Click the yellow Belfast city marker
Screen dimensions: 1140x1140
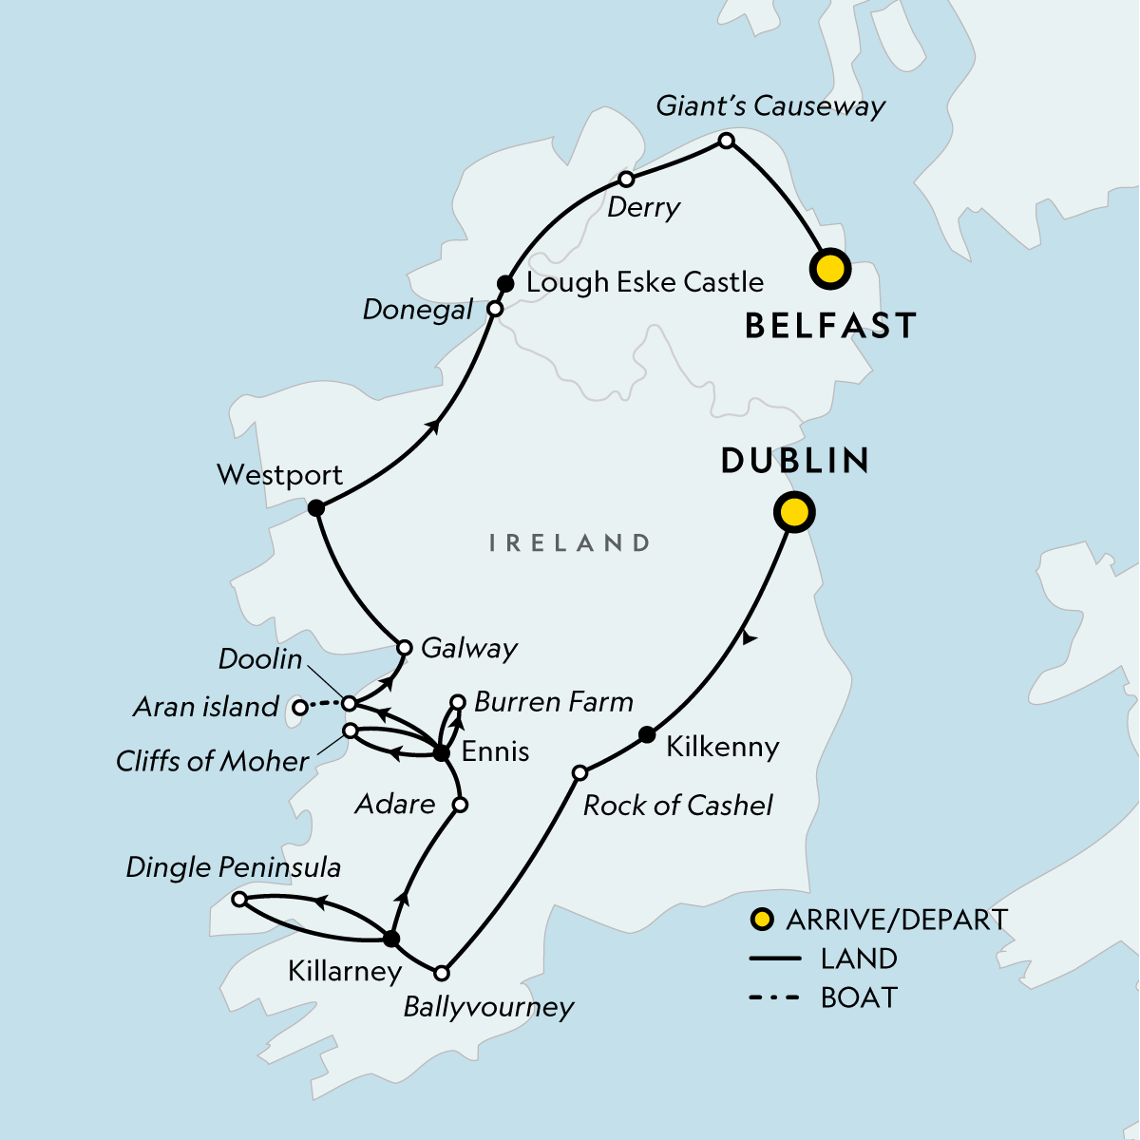pos(829,269)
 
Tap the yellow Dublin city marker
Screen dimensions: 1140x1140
pos(794,513)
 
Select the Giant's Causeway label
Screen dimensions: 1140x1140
pos(770,105)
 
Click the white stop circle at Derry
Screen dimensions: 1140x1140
pos(626,180)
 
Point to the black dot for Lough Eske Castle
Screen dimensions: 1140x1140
pos(506,283)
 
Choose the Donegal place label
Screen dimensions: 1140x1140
pos(418,310)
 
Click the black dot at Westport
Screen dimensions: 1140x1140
pos(316,508)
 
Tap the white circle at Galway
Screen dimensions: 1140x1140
pos(404,648)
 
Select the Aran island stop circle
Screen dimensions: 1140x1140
pos(299,707)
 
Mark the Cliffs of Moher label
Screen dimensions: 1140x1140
pos(212,761)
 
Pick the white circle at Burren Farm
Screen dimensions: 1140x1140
pos(457,702)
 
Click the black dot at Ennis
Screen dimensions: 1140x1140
pos(441,753)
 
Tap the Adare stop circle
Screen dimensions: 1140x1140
pos(460,805)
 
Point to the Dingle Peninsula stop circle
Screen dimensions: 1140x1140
pos(239,899)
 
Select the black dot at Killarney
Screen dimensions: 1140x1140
pos(390,939)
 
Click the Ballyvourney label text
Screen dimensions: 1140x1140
pos(488,1007)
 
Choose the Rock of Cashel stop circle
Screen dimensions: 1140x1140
pos(579,773)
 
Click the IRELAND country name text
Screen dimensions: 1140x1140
pos(569,543)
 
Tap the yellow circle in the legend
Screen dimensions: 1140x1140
pos(761,920)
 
